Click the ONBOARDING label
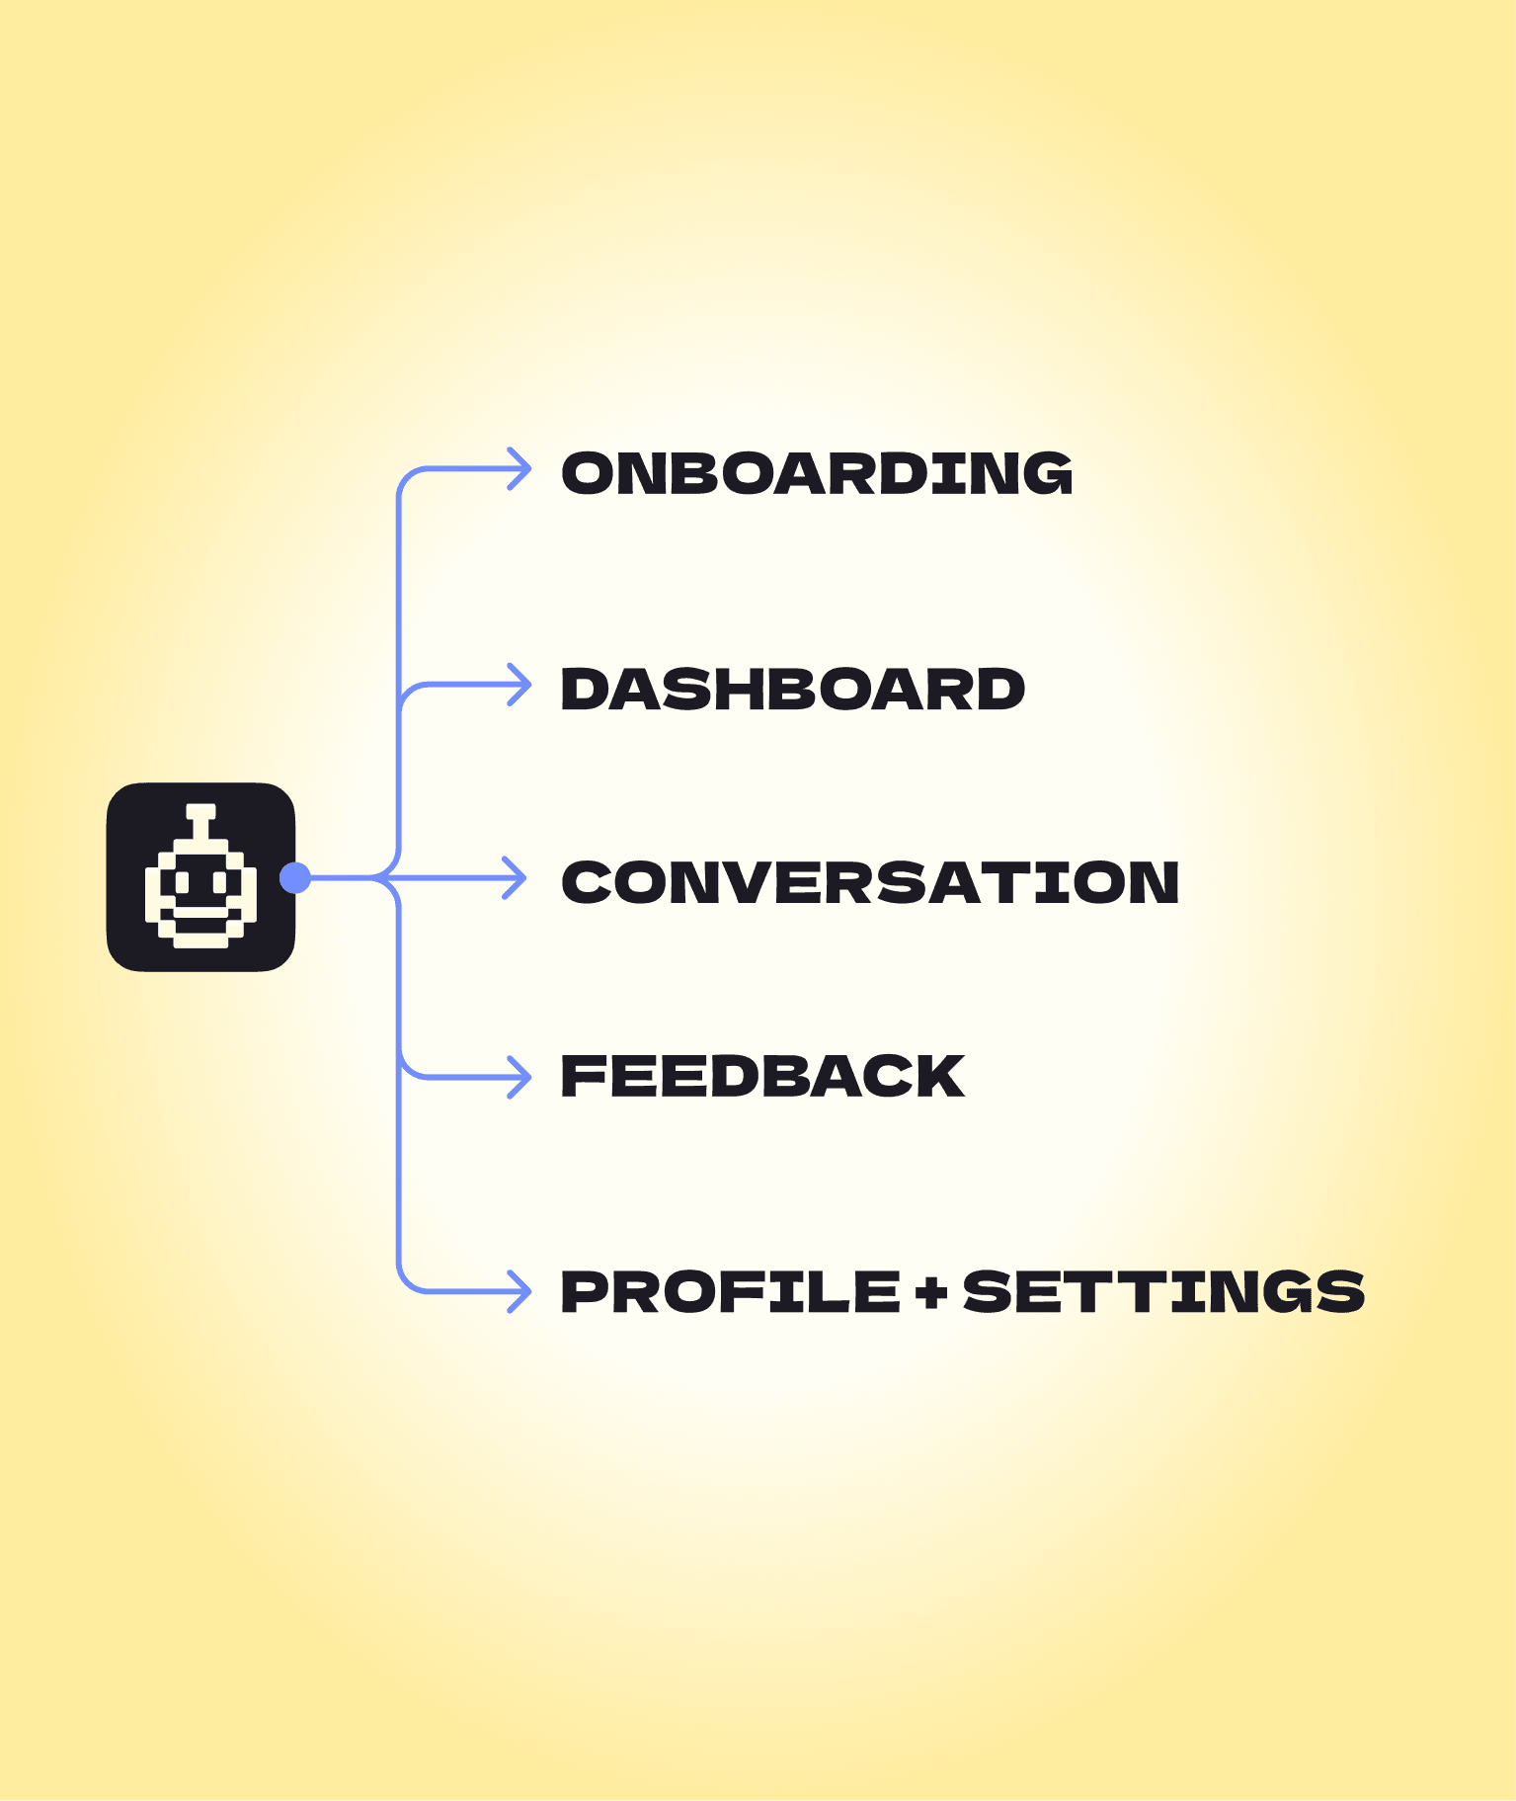(817, 473)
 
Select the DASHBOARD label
(793, 689)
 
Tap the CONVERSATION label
(870, 881)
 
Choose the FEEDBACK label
(762, 1076)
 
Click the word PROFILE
(731, 1291)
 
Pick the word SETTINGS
(1163, 1291)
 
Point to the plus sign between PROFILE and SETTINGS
(931, 1292)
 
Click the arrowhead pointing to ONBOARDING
(519, 469)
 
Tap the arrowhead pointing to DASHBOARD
(519, 685)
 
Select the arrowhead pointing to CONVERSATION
(516, 877)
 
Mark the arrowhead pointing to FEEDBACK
(519, 1077)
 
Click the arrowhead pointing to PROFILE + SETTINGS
(519, 1291)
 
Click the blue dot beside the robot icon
(295, 877)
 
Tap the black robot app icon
(200, 877)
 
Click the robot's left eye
(182, 880)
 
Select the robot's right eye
(221, 880)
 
